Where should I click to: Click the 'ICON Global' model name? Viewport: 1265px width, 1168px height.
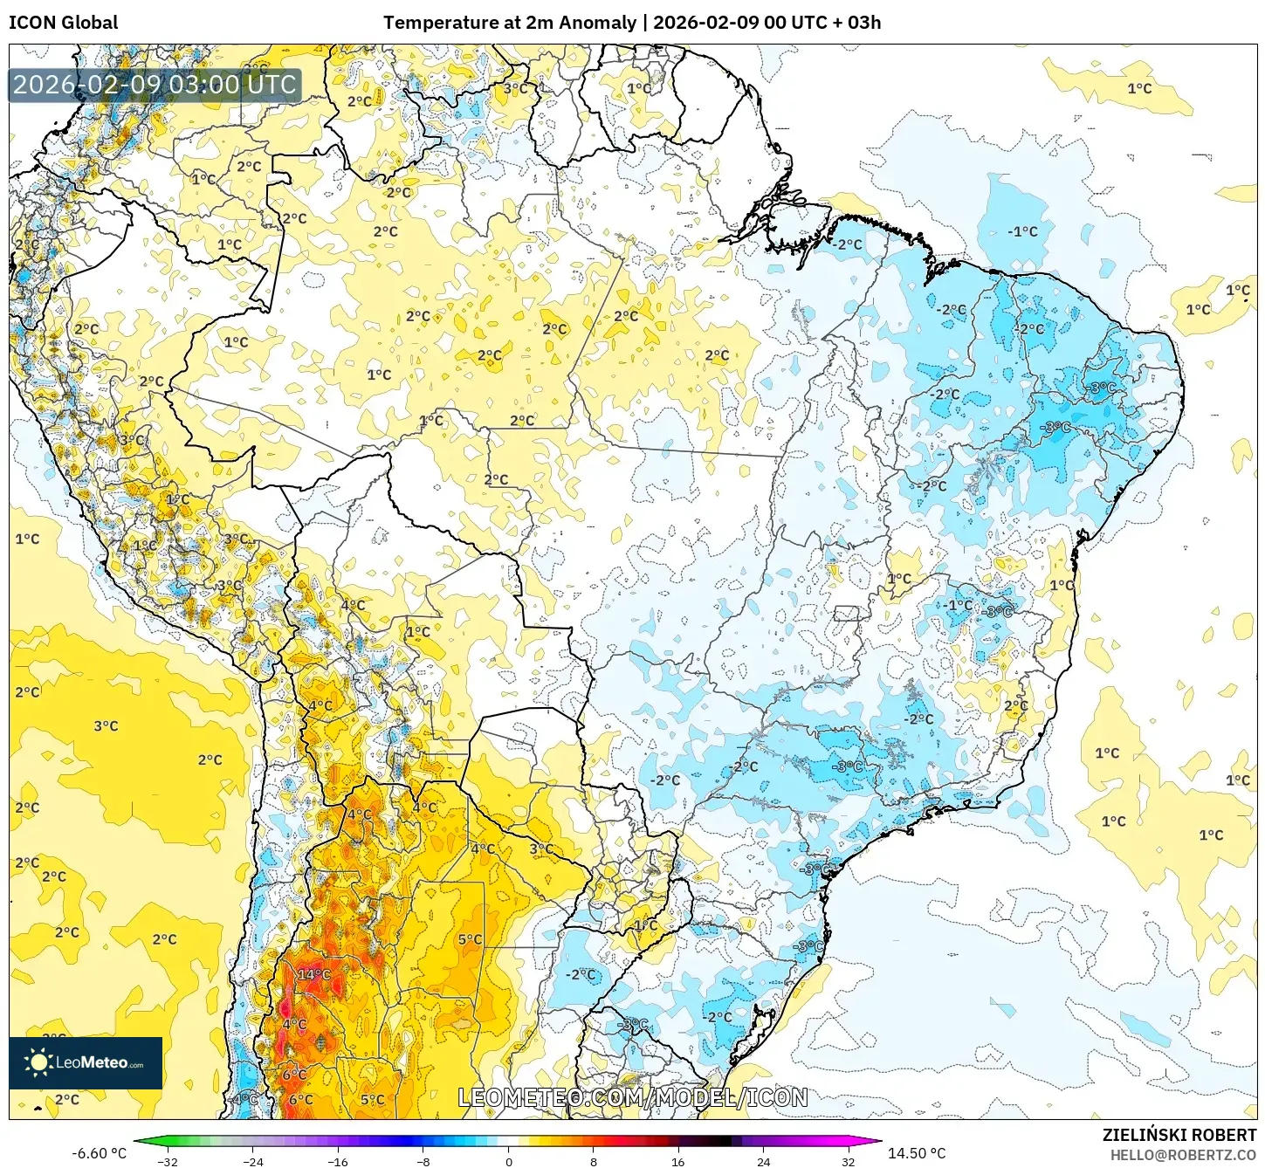63,23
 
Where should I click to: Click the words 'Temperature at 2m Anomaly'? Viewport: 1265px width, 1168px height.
509,23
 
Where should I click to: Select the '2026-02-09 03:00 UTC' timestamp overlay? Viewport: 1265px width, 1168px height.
155,85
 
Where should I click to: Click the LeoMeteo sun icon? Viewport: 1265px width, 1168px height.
38,1062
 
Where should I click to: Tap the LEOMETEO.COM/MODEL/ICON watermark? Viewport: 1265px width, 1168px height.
633,1097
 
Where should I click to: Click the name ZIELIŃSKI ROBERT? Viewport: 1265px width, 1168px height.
1179,1135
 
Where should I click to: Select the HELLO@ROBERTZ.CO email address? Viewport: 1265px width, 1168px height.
1183,1155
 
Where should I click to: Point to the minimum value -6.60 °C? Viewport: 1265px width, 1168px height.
99,1153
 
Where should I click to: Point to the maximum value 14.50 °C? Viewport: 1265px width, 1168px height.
917,1153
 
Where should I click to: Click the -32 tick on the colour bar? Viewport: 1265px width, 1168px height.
168,1161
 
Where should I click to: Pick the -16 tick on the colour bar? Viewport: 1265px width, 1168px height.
338,1161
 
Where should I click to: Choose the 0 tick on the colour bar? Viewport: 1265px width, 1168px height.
508,1161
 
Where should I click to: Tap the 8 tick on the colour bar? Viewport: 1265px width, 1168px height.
594,1161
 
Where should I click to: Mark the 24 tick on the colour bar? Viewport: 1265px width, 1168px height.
764,1161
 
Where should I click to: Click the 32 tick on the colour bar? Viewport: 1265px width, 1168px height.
849,1161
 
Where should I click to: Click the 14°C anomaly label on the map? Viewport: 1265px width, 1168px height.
314,974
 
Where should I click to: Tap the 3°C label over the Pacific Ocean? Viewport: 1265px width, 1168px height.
106,725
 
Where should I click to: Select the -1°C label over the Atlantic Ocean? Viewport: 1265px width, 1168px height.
1022,231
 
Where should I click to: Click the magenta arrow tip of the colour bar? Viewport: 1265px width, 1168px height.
875,1141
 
